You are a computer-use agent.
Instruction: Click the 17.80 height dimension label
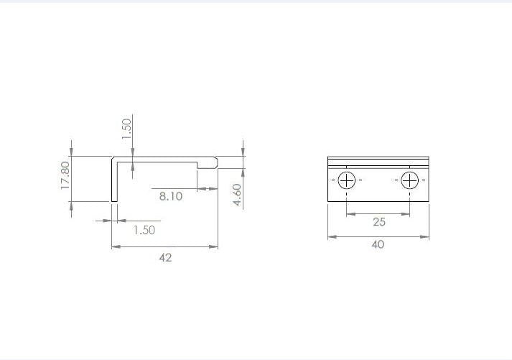point(65,175)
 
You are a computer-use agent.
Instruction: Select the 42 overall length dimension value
point(165,258)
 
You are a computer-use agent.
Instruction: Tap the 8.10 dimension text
point(171,196)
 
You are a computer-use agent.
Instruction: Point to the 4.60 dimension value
point(238,195)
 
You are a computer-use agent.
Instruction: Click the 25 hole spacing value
point(379,222)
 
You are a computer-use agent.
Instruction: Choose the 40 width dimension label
point(378,244)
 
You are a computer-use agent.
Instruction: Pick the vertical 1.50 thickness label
point(126,129)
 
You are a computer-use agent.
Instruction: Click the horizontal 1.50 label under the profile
point(144,230)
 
